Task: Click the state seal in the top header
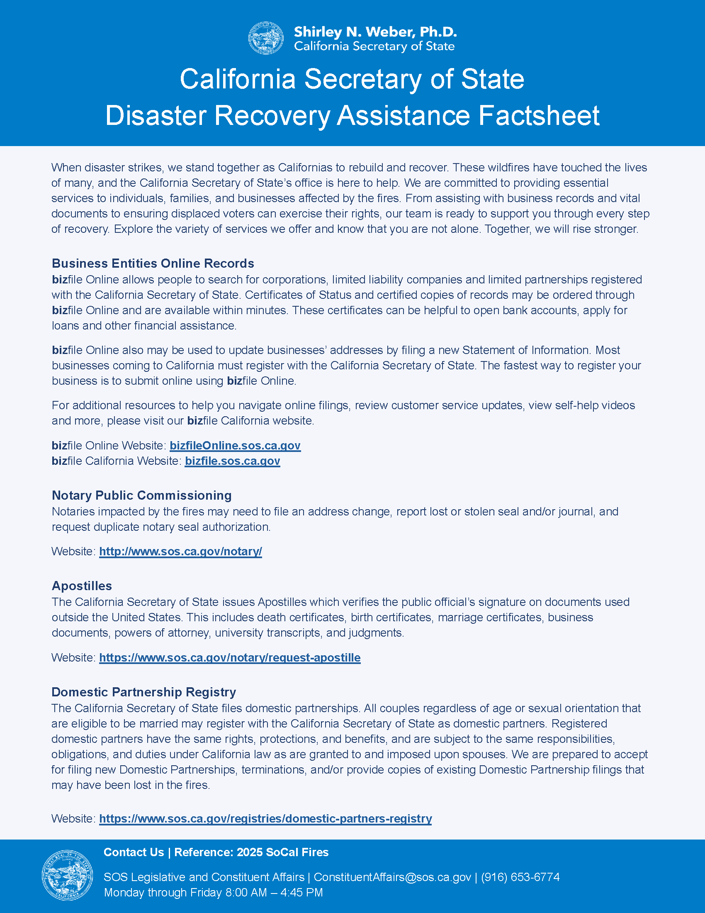(x=266, y=39)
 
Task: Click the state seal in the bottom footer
(x=67, y=875)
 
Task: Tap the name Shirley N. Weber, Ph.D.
(x=375, y=32)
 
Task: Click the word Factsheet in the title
(x=539, y=115)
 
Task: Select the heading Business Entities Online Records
(x=153, y=264)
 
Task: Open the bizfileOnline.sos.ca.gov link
(x=235, y=446)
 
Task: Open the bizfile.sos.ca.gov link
(x=232, y=461)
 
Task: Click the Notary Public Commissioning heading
(x=141, y=496)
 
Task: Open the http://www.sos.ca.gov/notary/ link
(x=180, y=552)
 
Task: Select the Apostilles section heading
(x=82, y=586)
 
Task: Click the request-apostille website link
(x=230, y=658)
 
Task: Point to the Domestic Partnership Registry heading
(x=143, y=692)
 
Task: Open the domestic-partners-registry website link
(x=265, y=818)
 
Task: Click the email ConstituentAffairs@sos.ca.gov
(x=392, y=877)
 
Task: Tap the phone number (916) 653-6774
(x=520, y=877)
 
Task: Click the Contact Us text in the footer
(x=134, y=852)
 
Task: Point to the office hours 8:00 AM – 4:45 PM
(x=274, y=893)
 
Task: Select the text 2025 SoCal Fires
(x=282, y=852)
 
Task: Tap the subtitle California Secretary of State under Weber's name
(x=374, y=46)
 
